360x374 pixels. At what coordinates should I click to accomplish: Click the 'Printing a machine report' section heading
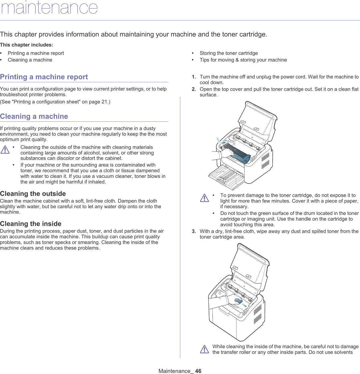(44, 77)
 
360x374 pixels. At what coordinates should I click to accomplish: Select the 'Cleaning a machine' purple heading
(34, 116)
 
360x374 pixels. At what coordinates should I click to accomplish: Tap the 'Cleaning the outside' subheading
(33, 194)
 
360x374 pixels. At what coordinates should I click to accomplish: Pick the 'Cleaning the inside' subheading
(31, 224)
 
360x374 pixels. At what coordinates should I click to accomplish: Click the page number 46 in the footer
(198, 371)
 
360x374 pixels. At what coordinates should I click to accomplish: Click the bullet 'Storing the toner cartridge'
(229, 53)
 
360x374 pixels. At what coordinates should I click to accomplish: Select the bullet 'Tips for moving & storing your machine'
(243, 60)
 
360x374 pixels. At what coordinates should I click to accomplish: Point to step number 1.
(194, 77)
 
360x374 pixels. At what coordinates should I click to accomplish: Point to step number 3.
(194, 231)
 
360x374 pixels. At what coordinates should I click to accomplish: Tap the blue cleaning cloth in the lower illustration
(239, 301)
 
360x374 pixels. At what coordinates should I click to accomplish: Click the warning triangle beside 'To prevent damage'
(204, 198)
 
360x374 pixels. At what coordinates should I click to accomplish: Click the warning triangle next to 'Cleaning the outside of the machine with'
(5, 150)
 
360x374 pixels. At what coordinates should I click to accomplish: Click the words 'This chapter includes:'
(27, 45)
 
